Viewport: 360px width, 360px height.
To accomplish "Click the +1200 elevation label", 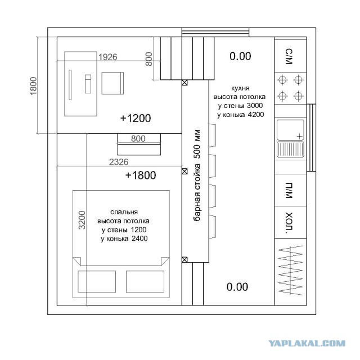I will tap(136, 118).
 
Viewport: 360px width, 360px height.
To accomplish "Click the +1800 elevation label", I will tap(141, 175).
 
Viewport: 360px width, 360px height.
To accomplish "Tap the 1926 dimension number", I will tap(107, 57).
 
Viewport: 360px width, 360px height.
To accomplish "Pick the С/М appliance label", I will tap(289, 56).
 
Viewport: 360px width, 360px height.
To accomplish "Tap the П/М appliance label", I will tap(289, 190).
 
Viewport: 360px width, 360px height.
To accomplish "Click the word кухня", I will tap(240, 88).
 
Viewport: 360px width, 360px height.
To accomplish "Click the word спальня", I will tap(123, 212).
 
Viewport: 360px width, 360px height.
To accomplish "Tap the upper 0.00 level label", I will tap(240, 56).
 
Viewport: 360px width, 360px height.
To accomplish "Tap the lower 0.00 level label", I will tap(237, 287).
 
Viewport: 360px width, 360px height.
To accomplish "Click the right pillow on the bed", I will tap(143, 281).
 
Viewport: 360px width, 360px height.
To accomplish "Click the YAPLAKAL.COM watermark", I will tap(316, 342).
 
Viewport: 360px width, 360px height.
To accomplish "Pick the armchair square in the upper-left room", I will tap(112, 84).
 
